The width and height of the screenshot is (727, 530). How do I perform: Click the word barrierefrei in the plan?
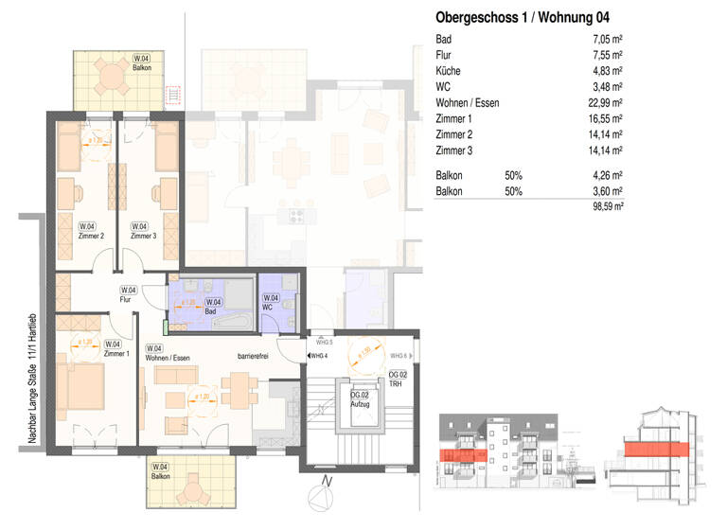[x=255, y=358]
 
